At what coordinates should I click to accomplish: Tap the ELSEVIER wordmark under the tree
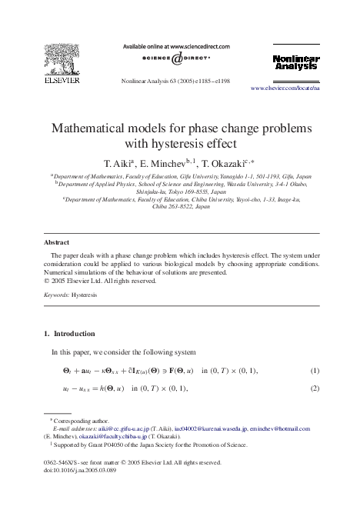[x=61, y=80]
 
